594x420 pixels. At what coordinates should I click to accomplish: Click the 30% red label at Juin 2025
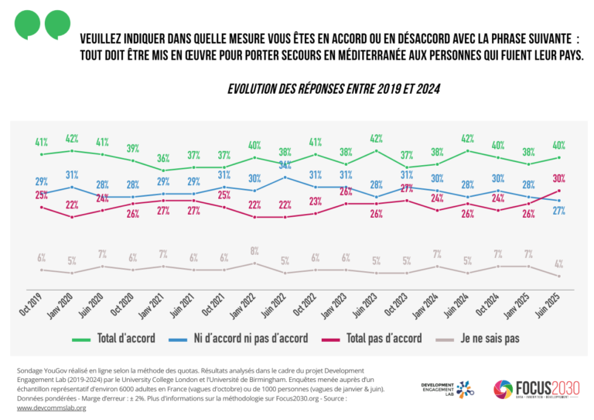(558, 178)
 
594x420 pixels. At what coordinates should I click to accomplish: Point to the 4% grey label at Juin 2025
(558, 263)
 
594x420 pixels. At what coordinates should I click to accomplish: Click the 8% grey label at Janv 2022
(254, 250)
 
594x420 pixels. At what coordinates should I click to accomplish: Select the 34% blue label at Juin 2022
(285, 165)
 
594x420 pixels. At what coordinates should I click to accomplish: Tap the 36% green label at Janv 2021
(163, 158)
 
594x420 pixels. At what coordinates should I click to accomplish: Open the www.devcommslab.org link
(51, 408)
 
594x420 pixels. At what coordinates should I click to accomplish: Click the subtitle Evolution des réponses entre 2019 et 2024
(333, 89)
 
